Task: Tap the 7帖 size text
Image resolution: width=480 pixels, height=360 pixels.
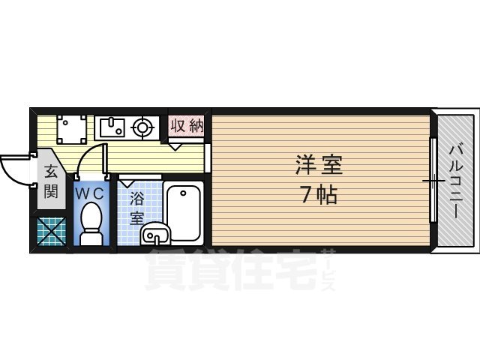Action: pos(319,195)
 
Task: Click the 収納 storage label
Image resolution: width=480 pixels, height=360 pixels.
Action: pos(187,125)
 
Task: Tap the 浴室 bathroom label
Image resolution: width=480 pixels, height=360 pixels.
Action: pos(136,208)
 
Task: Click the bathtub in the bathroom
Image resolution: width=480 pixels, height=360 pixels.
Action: pos(184,212)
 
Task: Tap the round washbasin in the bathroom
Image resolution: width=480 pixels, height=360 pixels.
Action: pos(153,234)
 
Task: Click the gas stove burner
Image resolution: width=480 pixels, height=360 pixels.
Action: pos(142,127)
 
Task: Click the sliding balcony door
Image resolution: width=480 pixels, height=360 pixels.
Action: pos(433,180)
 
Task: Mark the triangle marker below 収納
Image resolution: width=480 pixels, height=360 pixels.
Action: pos(175,147)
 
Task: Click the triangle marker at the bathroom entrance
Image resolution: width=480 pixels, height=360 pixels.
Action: pos(128,181)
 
